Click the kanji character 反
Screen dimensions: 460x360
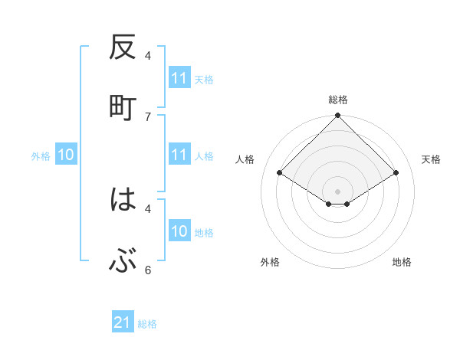pos(123,49)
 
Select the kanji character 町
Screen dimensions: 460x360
pos(123,107)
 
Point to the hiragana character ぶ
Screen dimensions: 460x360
pos(123,263)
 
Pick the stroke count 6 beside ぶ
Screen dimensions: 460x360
pos(148,270)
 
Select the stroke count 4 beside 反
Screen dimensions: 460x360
pos(148,55)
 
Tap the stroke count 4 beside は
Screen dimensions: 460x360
pos(148,208)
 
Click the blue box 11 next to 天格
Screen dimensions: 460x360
pos(179,78)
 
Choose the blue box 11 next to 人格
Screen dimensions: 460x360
pos(179,155)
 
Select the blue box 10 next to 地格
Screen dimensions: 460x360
pos(179,231)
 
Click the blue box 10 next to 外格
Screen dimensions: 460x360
pos(66,155)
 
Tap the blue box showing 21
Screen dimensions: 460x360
pos(123,323)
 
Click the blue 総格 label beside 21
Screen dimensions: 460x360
pos(147,324)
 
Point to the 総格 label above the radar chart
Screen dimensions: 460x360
pos(337,100)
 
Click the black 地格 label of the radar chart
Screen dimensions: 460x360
pos(402,262)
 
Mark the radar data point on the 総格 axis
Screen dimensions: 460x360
pos(337,116)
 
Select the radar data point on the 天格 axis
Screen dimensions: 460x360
pos(396,173)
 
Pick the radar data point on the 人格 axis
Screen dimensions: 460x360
pos(279,173)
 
